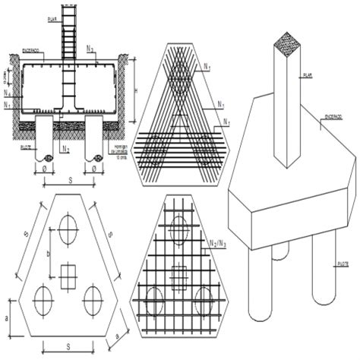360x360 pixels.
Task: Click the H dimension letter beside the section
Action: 134,90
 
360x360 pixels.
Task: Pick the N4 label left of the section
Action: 7,93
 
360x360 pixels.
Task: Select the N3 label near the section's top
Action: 90,48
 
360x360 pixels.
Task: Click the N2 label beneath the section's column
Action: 66,150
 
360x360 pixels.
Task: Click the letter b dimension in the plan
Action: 49,251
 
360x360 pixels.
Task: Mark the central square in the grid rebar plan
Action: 179,278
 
